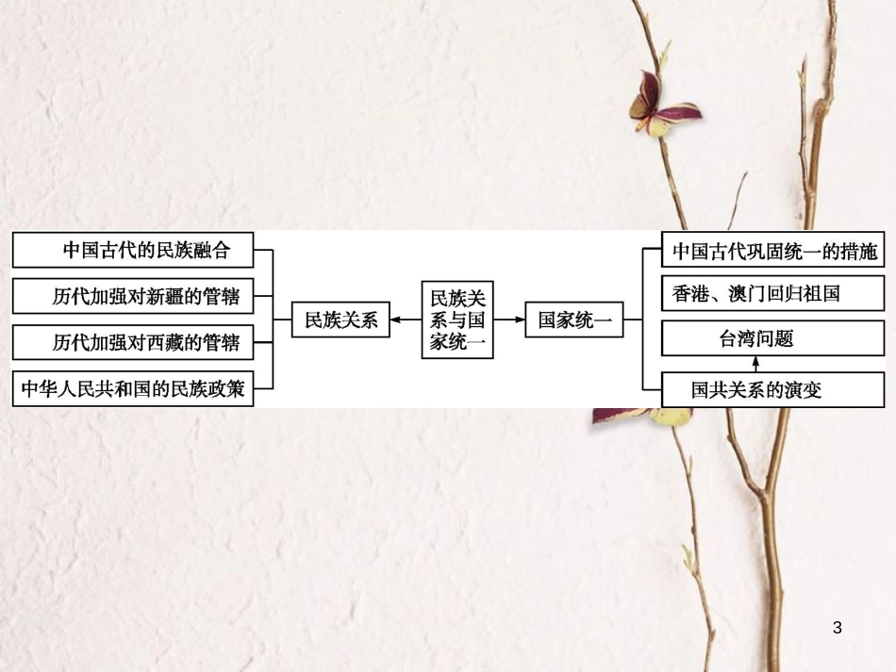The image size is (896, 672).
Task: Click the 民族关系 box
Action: (x=340, y=320)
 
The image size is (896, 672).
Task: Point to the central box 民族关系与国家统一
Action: (x=457, y=320)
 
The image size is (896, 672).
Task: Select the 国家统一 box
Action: (x=574, y=320)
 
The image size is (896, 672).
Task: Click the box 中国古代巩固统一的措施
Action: (x=774, y=252)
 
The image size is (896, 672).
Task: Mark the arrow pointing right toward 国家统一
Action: (x=509, y=320)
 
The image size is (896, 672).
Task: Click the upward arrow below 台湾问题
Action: (x=755, y=364)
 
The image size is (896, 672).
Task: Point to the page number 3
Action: (x=838, y=628)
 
